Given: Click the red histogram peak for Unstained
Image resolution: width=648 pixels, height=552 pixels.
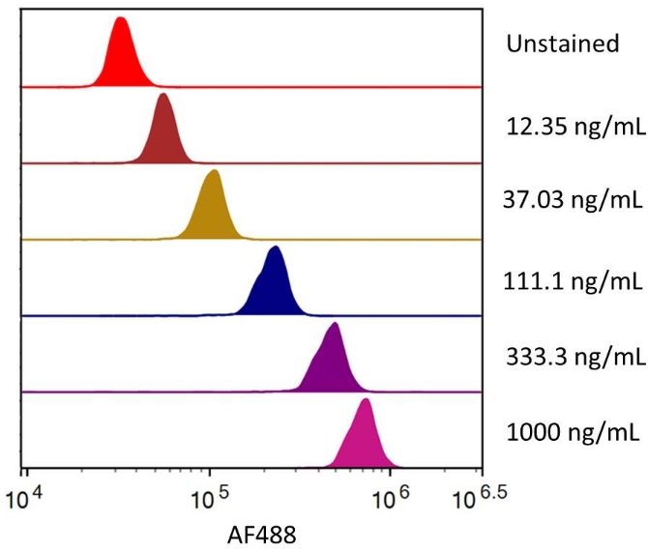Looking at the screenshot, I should pyautogui.click(x=121, y=58).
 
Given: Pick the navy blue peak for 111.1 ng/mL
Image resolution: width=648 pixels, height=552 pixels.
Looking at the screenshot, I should pyautogui.click(x=275, y=285).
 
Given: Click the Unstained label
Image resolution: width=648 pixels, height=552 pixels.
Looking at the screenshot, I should pyautogui.click(x=562, y=44).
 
